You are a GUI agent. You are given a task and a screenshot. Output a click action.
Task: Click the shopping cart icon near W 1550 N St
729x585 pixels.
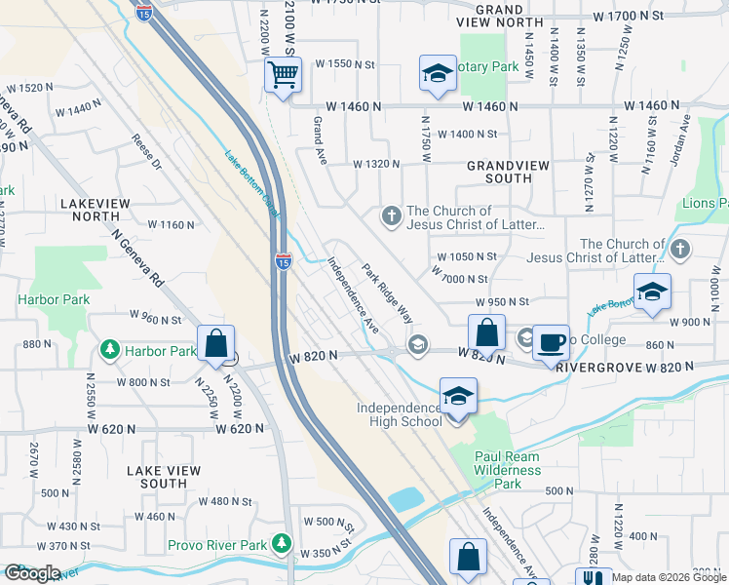[283, 74]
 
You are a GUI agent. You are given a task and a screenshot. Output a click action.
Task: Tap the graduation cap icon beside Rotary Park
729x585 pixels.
[438, 73]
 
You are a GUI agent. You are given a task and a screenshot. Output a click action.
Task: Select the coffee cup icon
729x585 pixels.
[553, 342]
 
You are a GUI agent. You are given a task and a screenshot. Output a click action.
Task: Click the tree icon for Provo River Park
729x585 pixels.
[283, 541]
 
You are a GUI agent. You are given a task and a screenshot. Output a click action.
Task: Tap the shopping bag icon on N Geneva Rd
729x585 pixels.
[215, 343]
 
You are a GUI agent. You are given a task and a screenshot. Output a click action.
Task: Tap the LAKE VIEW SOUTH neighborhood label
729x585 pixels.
[164, 477]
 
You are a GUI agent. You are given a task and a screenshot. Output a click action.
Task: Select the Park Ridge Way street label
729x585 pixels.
[388, 292]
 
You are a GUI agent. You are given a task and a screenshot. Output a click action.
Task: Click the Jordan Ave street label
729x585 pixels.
[685, 138]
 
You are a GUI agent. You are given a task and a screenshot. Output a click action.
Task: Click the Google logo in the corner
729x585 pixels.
[32, 573]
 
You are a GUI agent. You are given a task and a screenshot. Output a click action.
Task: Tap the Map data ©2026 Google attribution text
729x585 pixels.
[669, 577]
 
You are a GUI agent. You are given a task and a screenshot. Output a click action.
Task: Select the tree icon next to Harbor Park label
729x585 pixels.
[113, 350]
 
